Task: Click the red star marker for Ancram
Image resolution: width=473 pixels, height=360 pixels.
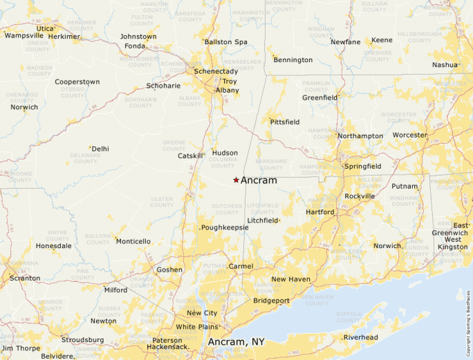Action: coord(236,180)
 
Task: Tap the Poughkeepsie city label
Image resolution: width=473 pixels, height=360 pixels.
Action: coord(225,227)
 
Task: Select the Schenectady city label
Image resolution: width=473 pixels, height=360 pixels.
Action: coord(216,71)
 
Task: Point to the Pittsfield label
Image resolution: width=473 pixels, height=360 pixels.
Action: coord(285,122)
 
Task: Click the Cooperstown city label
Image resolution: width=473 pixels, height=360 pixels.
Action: coord(77,82)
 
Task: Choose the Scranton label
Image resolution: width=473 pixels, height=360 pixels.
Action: coord(24,278)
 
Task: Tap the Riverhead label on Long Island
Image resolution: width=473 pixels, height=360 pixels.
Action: coord(361,337)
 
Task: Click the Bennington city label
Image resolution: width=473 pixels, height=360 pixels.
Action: coord(293,60)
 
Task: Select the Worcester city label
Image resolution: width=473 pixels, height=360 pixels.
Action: coord(410,135)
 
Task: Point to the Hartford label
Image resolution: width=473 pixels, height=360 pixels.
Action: coord(320,212)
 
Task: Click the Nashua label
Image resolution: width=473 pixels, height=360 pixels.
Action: coord(445,65)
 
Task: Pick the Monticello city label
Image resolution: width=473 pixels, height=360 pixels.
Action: coord(133,241)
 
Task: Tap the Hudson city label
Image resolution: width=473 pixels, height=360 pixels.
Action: coord(225,153)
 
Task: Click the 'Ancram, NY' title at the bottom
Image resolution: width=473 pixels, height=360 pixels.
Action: coord(236,342)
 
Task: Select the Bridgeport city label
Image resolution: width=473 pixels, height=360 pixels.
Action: coord(272,301)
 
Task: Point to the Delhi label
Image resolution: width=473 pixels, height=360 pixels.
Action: coord(100,149)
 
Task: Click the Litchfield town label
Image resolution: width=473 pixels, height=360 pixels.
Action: coord(263,220)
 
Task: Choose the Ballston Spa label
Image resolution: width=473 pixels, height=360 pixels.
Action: coord(225,42)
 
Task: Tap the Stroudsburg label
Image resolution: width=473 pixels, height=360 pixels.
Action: coord(82,340)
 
